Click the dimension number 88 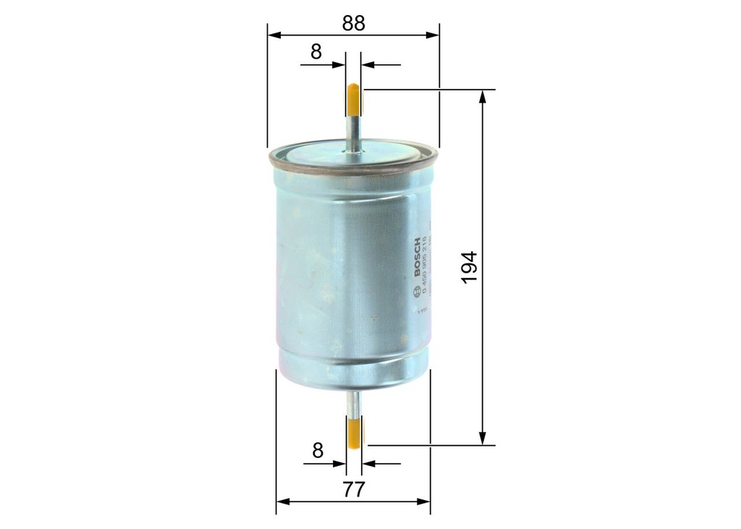(x=353, y=22)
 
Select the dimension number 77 (x=353, y=489)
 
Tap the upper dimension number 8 (x=316, y=52)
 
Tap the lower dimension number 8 (x=317, y=451)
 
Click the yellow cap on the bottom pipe (x=355, y=431)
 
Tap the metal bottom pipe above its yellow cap (x=354, y=402)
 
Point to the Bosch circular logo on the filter (x=415, y=292)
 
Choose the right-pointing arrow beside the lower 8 (x=339, y=464)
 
